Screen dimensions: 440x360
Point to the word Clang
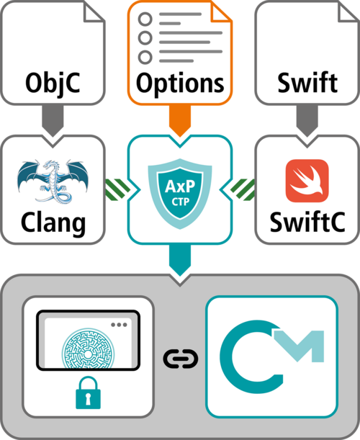pyautogui.click(x=54, y=222)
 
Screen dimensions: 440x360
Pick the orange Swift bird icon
pyautogui.click(x=307, y=181)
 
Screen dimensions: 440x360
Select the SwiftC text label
pyautogui.click(x=307, y=222)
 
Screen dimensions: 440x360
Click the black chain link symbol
pyautogui.click(x=180, y=358)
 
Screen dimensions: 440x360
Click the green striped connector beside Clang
pyautogui.click(x=117, y=189)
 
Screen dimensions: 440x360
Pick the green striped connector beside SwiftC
pyautogui.click(x=243, y=189)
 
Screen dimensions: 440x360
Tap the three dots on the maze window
pyautogui.click(x=119, y=325)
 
